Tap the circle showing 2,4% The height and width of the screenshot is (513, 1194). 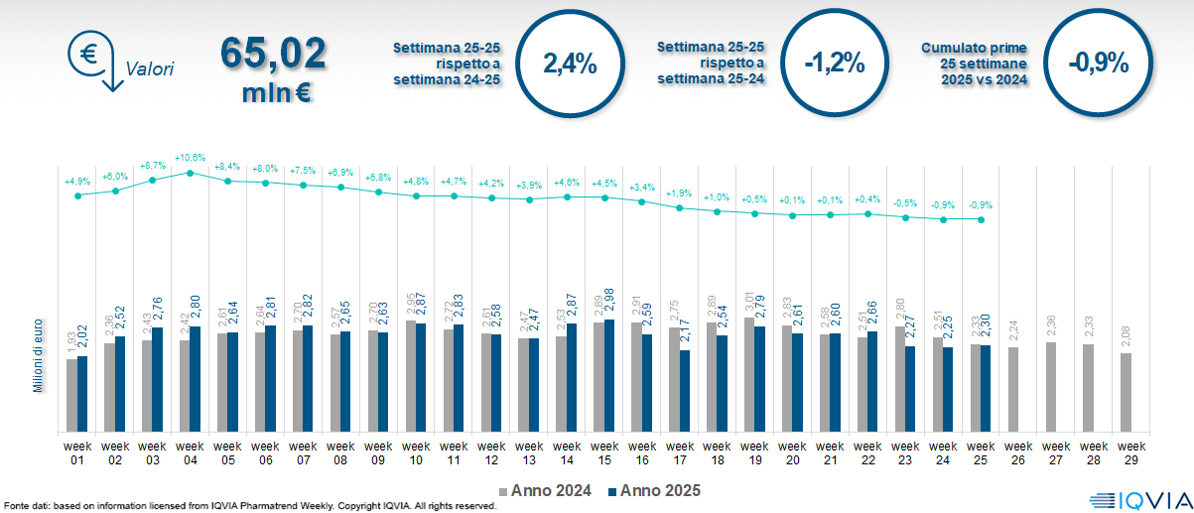point(570,64)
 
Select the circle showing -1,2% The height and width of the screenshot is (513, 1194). point(834,64)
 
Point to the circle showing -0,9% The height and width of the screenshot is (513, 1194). point(1099,64)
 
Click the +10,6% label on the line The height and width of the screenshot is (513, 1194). point(190,158)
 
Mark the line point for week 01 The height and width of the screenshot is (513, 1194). point(77,195)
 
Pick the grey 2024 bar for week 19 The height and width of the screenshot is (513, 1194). point(749,375)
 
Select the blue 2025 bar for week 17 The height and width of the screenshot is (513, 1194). point(685,391)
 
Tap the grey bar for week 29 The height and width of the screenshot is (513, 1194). point(1127,392)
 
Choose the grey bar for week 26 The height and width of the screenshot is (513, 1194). point(1013,389)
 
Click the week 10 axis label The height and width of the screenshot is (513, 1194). point(416,452)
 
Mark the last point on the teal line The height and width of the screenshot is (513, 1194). point(981,219)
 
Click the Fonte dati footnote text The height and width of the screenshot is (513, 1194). point(248,506)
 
